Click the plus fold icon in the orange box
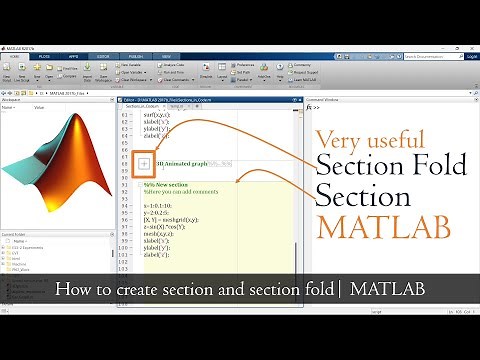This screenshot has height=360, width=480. tap(143, 162)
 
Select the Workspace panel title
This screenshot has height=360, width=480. tap(14, 100)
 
